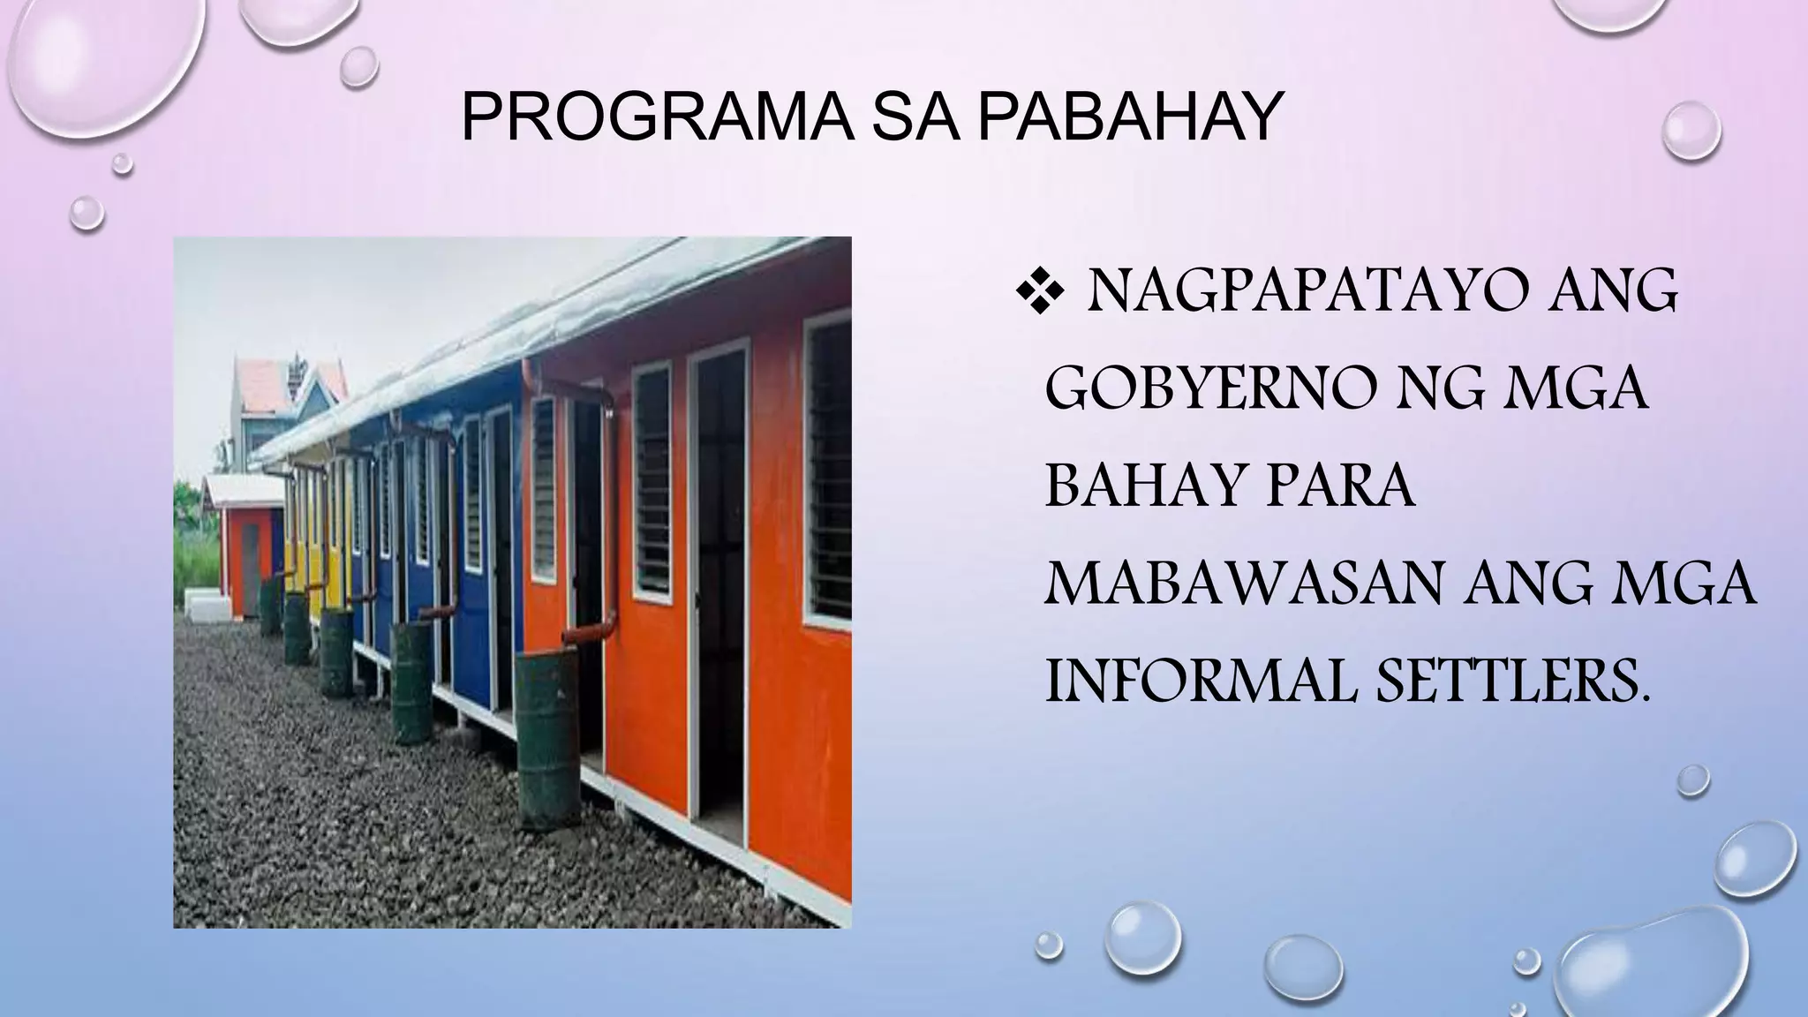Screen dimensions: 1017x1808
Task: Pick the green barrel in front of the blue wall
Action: (411, 671)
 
